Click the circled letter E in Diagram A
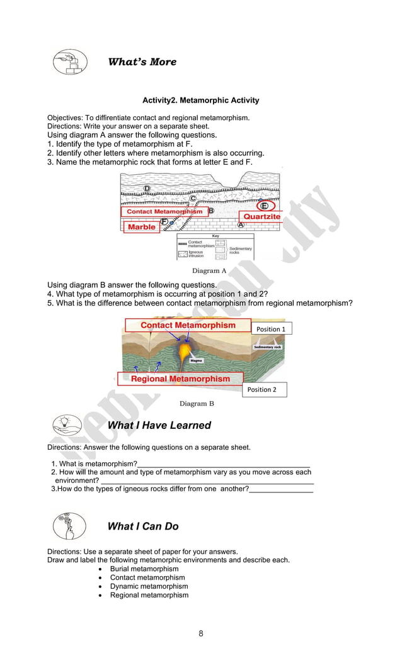(264, 206)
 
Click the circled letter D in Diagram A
(147, 188)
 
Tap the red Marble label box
(141, 226)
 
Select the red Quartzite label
(261, 216)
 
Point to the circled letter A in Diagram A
(241, 225)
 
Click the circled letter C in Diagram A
(193, 199)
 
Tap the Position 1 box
(271, 329)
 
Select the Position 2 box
(262, 390)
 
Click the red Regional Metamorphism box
(180, 379)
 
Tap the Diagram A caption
(209, 270)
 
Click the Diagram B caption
(197, 404)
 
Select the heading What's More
(142, 62)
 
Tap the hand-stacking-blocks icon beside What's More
(69, 62)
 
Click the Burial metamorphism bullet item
(144, 569)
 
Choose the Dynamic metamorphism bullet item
(149, 586)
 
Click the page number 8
(201, 633)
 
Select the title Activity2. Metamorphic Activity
(200, 101)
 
